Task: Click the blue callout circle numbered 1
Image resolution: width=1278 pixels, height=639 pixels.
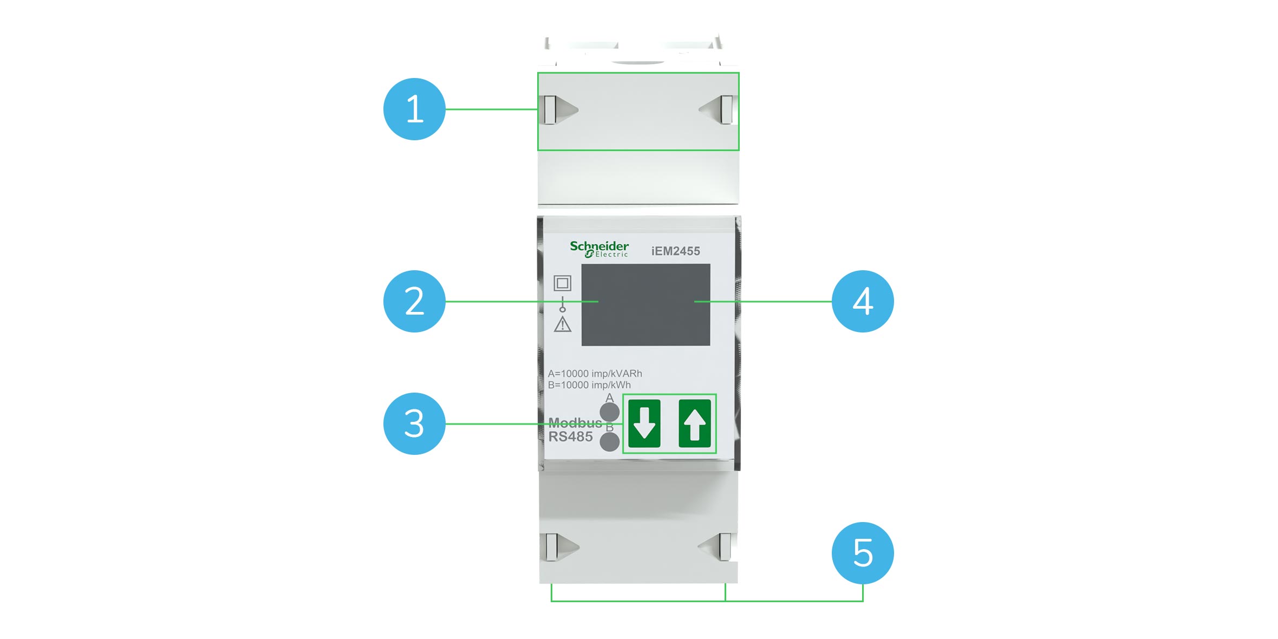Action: coord(414,109)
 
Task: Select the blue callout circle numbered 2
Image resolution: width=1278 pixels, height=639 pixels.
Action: coord(414,301)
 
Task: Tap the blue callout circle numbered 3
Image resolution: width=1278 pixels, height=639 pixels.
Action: coord(414,423)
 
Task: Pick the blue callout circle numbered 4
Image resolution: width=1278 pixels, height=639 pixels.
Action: coord(863,301)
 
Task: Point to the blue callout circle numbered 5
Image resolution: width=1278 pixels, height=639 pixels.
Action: coord(863,553)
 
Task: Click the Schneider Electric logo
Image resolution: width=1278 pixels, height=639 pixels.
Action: coord(599,249)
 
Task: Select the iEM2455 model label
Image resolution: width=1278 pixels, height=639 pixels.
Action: coord(675,251)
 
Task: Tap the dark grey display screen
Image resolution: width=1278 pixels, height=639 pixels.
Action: coord(645,304)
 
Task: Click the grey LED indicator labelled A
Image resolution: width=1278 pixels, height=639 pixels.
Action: coord(610,412)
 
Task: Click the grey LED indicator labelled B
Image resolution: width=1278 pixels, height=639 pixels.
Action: coord(610,442)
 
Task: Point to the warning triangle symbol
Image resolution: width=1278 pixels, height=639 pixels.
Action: coord(563,324)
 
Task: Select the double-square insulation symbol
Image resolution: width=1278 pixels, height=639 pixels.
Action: coord(562,283)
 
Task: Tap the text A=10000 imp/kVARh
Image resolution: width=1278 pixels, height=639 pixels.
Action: coord(595,374)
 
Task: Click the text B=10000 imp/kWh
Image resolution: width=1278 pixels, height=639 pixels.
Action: coord(589,385)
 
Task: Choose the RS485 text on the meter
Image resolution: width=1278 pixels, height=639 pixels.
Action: coord(570,436)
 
